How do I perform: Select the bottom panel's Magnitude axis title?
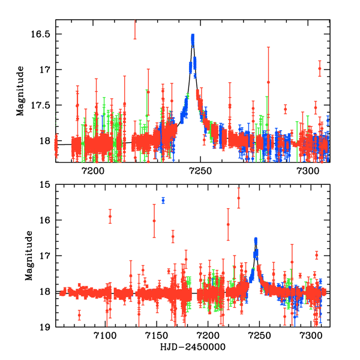tap(28, 256)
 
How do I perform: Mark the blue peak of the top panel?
tap(193, 38)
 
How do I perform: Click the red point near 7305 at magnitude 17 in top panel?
tap(320, 68)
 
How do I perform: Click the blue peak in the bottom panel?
tap(256, 241)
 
